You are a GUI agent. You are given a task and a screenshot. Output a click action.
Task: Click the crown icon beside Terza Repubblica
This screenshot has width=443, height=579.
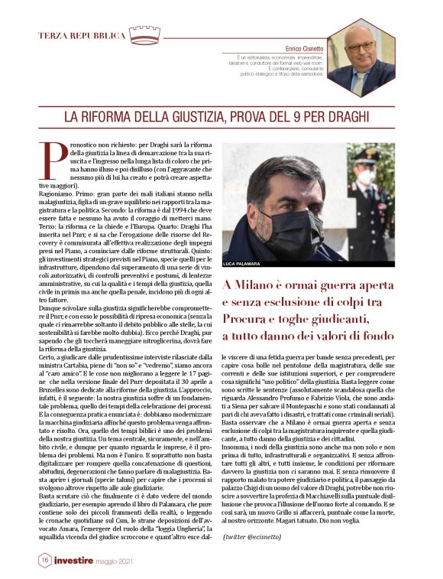tap(144, 34)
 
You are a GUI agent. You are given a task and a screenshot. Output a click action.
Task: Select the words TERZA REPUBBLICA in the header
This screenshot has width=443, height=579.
tap(82, 36)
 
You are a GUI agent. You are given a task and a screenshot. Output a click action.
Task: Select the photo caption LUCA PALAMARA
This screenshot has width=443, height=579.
tap(241, 264)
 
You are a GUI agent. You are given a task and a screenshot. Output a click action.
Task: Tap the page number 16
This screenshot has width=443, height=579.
tap(46, 561)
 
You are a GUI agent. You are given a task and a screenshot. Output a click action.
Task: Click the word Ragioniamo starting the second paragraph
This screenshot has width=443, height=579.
tap(57, 195)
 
